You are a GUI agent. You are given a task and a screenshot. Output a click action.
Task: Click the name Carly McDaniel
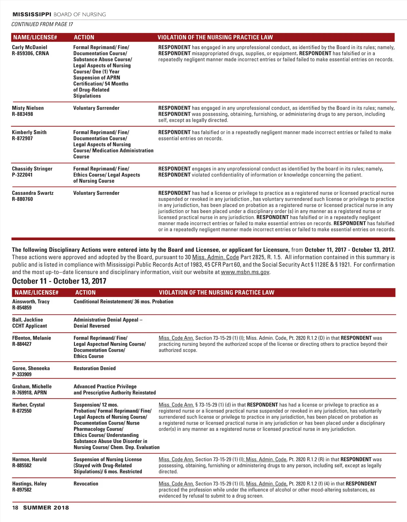(30, 47)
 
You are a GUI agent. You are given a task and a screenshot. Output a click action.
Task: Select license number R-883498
(22, 114)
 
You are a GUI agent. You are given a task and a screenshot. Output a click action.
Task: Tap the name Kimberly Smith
(29, 133)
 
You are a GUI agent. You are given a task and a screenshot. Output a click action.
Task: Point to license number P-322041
(22, 175)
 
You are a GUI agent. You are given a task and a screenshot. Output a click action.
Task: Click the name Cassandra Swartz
(33, 193)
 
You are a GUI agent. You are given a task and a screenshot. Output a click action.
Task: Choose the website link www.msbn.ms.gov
(245, 272)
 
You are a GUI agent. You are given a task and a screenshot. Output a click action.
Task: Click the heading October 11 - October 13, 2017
(59, 281)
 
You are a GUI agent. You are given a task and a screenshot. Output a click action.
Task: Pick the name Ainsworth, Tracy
(31, 302)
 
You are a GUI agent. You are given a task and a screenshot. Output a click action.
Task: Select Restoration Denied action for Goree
(95, 368)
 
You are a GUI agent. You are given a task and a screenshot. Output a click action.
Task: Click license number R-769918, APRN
(30, 393)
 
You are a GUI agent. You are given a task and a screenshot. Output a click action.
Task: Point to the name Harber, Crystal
(28, 405)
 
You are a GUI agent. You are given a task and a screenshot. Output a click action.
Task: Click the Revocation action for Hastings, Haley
(86, 484)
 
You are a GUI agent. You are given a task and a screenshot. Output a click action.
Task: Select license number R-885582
(22, 466)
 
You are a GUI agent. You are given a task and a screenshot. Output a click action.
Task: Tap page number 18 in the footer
(15, 508)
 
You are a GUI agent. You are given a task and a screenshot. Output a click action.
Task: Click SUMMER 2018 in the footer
(46, 508)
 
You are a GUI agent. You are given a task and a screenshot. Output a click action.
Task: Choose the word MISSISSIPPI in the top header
(32, 15)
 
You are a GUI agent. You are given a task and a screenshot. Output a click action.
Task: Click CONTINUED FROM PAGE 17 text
(42, 24)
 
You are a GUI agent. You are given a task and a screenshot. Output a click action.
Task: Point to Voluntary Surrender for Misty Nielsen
(96, 108)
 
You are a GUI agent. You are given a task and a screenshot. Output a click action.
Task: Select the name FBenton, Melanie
(32, 338)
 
